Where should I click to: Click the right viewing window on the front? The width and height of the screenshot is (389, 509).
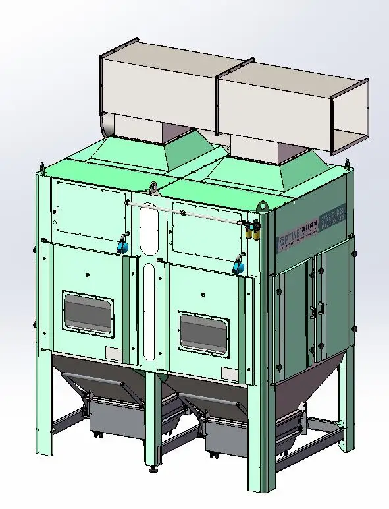[x=205, y=332]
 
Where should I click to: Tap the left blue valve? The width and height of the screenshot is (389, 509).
[x=122, y=245]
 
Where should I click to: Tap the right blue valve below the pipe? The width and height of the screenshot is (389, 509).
[x=238, y=265]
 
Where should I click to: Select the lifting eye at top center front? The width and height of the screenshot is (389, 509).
[x=153, y=188]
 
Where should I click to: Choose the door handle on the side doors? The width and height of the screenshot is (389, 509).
[x=321, y=308]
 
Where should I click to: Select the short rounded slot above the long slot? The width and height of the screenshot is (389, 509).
[x=150, y=228]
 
